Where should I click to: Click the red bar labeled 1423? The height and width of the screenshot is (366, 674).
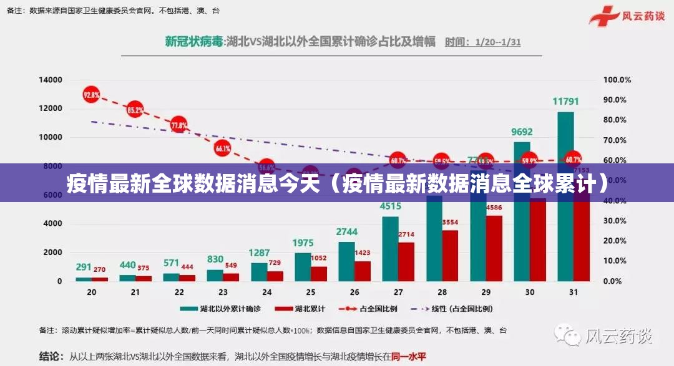pyautogui.click(x=363, y=271)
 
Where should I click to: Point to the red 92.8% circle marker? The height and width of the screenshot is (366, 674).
pyautogui.click(x=92, y=95)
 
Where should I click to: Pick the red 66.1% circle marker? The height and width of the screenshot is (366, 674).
pyautogui.click(x=223, y=148)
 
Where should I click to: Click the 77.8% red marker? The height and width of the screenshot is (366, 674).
pyautogui.click(x=179, y=125)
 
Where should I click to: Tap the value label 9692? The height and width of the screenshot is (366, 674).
pyautogui.click(x=522, y=132)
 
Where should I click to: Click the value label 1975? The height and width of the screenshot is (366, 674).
pyautogui.click(x=303, y=243)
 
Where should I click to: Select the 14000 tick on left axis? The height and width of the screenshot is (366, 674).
pyautogui.click(x=51, y=80)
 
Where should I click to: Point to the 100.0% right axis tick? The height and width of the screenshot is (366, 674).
pyautogui.click(x=617, y=80)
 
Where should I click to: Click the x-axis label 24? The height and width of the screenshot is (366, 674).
pyautogui.click(x=267, y=292)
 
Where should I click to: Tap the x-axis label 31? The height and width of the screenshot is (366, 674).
pyautogui.click(x=574, y=292)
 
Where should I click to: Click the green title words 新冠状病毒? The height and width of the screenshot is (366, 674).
pyautogui.click(x=194, y=42)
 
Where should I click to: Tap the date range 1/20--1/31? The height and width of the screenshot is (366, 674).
pyautogui.click(x=497, y=42)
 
